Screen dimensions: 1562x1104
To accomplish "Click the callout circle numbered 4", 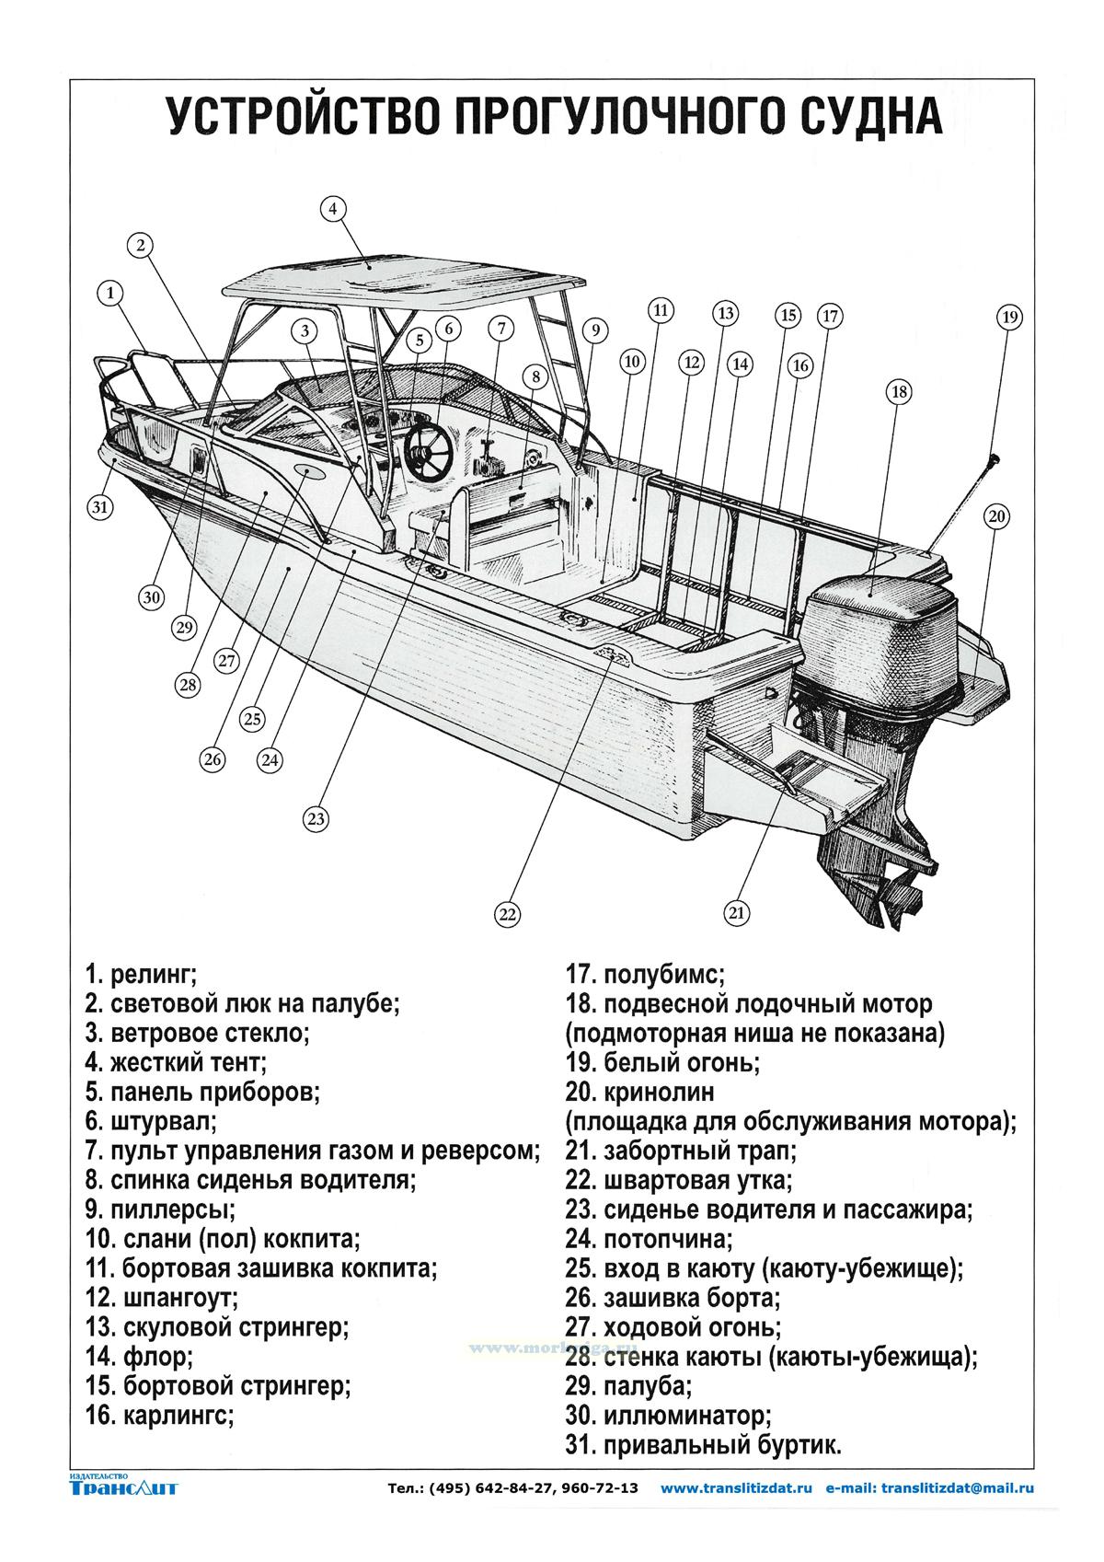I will [334, 209].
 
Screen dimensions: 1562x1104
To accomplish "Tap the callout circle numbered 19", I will [1009, 318].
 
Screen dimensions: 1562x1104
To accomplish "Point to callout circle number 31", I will [100, 505].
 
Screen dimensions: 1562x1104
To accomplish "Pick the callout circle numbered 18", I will [899, 391].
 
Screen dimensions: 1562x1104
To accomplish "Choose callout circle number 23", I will [316, 818].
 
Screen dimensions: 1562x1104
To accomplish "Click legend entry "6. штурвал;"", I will [150, 1122].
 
